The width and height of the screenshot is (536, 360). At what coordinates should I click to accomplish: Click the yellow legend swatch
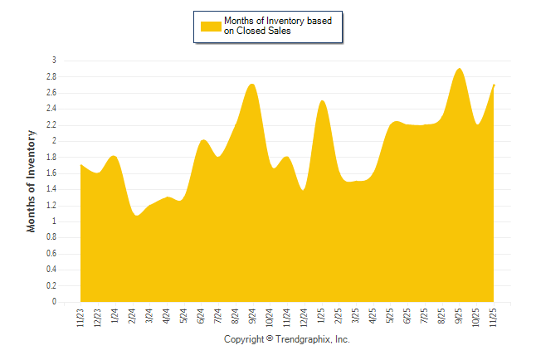211,27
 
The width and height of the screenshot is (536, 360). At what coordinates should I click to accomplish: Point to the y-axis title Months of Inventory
32,180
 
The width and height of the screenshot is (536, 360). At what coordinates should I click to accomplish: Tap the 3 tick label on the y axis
54,61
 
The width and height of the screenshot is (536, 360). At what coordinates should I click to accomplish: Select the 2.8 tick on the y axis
51,76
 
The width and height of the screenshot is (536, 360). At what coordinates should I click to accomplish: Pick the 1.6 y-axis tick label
51,173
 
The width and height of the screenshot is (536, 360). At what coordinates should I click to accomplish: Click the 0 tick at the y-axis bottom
54,302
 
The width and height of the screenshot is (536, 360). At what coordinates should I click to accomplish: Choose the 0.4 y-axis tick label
51,270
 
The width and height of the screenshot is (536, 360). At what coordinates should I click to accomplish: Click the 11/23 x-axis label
80,318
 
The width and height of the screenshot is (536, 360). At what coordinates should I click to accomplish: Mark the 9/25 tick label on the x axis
460,318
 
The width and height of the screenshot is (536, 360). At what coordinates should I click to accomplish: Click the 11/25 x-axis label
495,318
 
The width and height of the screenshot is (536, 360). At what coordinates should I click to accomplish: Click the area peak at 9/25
459,69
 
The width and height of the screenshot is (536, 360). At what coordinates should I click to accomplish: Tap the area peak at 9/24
252,85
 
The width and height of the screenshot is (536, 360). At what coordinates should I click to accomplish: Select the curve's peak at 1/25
322,101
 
